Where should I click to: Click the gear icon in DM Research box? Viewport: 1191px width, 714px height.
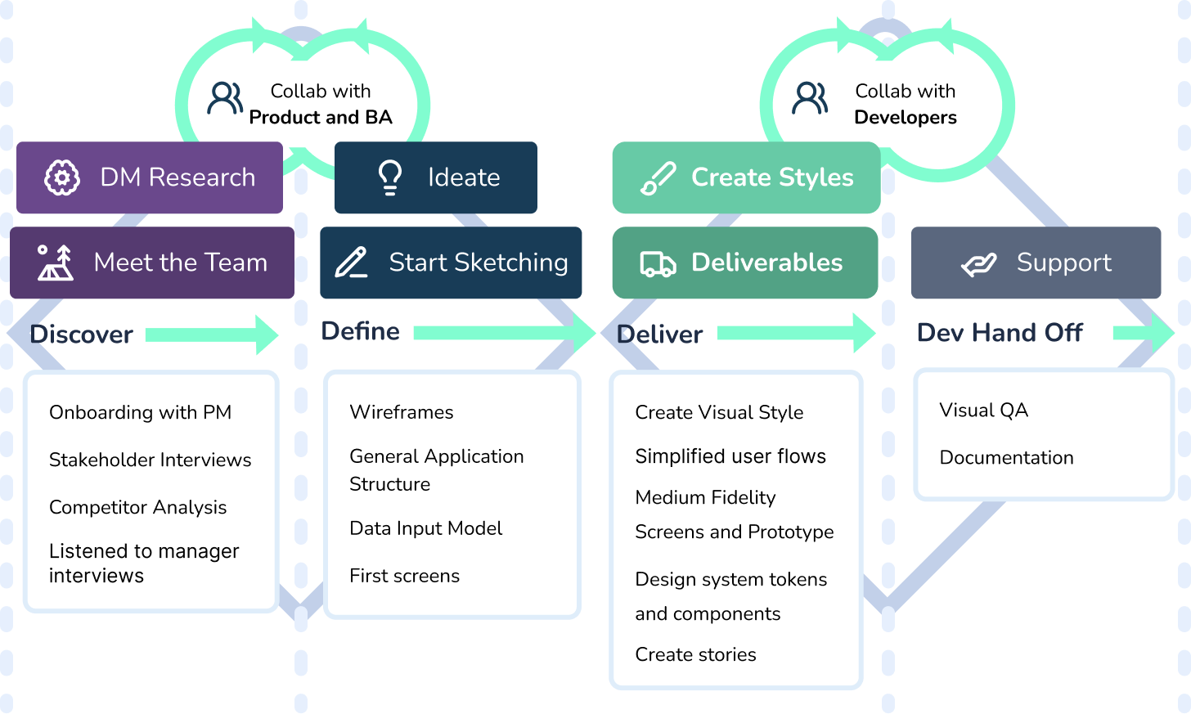(62, 177)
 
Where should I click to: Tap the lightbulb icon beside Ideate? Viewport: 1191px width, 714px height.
(389, 177)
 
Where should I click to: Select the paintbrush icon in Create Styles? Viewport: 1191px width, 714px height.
(658, 178)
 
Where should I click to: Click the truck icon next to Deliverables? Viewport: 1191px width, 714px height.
(658, 263)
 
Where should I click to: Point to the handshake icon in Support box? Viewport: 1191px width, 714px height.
(979, 264)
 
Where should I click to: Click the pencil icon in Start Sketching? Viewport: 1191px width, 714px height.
(352, 262)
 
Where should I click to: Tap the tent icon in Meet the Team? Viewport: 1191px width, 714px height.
(56, 263)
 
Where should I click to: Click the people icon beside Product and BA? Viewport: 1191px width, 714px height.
(225, 98)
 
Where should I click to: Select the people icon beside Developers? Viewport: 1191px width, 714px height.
(810, 98)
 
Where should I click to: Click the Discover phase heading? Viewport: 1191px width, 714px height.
(81, 335)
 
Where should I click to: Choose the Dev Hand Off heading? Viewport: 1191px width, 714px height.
(1000, 333)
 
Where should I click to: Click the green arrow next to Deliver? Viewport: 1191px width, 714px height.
(796, 334)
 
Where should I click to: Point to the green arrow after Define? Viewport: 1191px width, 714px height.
(504, 333)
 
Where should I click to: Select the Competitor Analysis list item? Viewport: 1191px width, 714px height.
(137, 508)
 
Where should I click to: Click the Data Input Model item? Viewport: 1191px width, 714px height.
(426, 528)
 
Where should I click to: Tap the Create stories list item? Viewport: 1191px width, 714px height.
(695, 654)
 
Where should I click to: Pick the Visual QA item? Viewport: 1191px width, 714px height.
(983, 411)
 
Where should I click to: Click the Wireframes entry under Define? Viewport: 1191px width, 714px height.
(402, 412)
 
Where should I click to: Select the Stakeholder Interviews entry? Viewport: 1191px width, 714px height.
(150, 460)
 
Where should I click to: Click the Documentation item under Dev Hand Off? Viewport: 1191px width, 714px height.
(1006, 458)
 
